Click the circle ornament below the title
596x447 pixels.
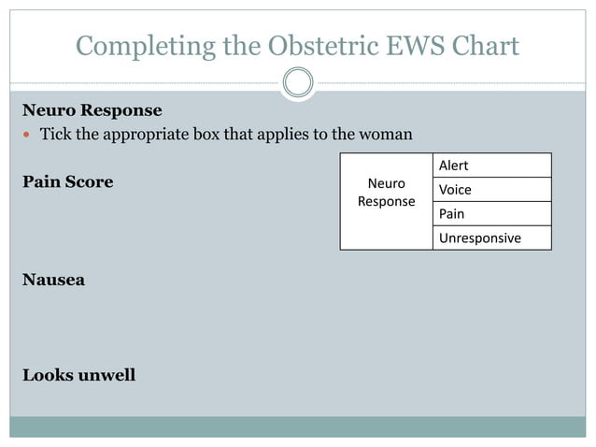tap(298, 82)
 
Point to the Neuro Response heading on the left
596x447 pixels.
tap(92, 110)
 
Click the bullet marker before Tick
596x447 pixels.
tap(27, 135)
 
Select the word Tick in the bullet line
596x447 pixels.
tap(55, 135)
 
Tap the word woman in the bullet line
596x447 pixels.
tap(384, 135)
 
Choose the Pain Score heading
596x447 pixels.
tap(67, 181)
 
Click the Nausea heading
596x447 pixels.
tap(53, 280)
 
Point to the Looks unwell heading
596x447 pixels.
tap(78, 375)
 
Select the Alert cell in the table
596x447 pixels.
tap(491, 166)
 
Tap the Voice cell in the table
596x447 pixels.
tap(491, 190)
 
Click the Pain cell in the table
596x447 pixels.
tap(491, 214)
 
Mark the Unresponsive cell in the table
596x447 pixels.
tap(491, 238)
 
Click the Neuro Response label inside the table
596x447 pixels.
tap(386, 193)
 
